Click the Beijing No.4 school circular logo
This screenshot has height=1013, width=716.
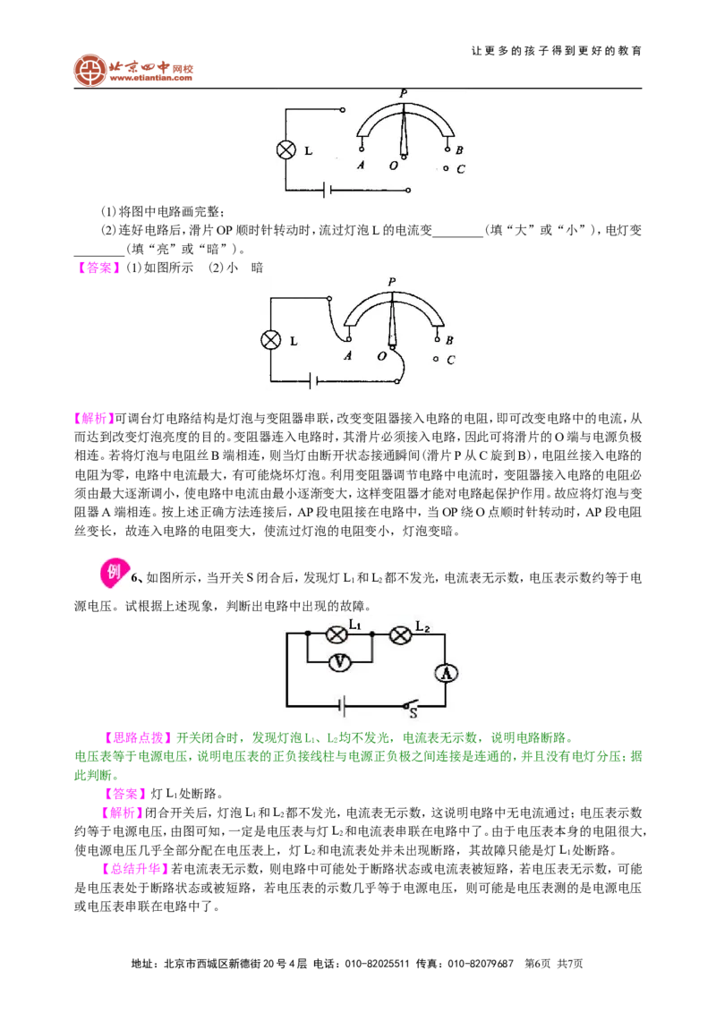(89, 71)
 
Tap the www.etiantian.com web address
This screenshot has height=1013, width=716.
(150, 79)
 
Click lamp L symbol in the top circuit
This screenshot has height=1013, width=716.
(286, 149)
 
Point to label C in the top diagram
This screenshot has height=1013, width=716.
(461, 169)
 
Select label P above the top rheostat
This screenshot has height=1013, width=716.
(404, 94)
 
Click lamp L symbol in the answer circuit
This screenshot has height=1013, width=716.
(271, 339)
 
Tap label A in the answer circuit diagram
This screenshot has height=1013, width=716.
(347, 356)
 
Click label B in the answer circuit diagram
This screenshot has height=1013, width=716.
(449, 340)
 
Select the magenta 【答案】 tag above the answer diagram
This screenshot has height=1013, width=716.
(98, 268)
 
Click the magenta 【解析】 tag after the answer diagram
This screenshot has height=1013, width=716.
(94, 419)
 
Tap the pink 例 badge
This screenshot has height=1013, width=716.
(114, 572)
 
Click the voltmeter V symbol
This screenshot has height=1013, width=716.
(339, 662)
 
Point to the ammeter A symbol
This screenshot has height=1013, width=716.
(445, 673)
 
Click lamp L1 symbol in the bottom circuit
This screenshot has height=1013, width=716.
(337, 635)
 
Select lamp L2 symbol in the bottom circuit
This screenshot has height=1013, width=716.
(401, 635)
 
